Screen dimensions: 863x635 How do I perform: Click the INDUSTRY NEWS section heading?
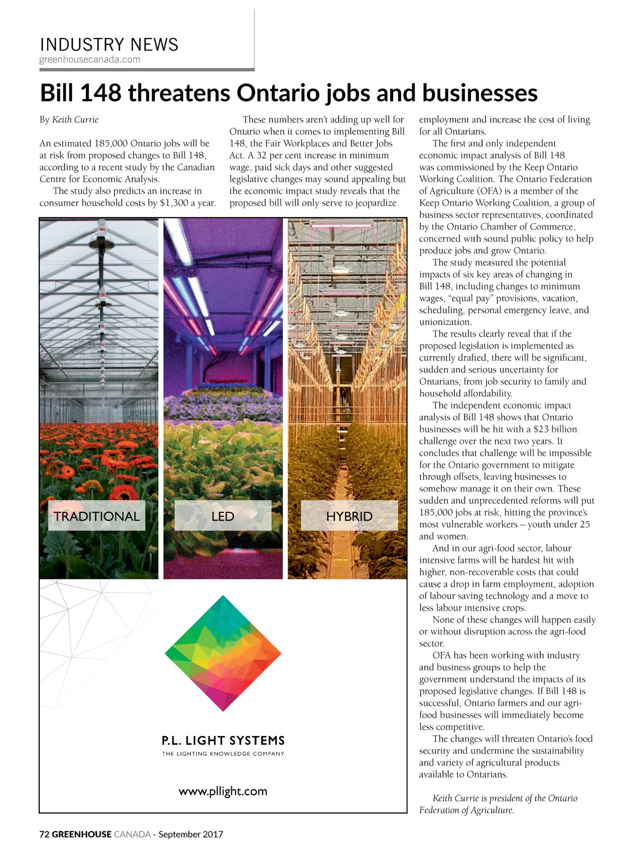pos(109,44)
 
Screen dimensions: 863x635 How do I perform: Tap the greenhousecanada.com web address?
pos(90,59)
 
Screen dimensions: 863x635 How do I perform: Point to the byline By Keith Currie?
pos(69,120)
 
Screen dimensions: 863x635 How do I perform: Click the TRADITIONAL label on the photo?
pos(96,516)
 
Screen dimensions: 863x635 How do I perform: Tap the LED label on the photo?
pos(223,516)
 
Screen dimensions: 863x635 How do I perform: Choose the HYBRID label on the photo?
pos(349,516)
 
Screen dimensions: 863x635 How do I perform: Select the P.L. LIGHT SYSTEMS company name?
pos(223,740)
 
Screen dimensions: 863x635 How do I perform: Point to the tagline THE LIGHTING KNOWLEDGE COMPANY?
pos(223,753)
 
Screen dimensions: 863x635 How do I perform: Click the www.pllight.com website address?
pos(223,791)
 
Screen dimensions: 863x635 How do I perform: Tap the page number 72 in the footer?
pos(44,834)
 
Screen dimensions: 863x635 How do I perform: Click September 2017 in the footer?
pos(190,834)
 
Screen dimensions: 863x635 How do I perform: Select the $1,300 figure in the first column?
pos(174,203)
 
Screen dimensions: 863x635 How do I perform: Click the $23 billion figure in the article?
pos(555,429)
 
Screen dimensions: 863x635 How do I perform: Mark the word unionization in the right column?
pos(445,322)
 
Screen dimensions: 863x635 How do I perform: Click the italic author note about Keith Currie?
pos(497,804)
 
